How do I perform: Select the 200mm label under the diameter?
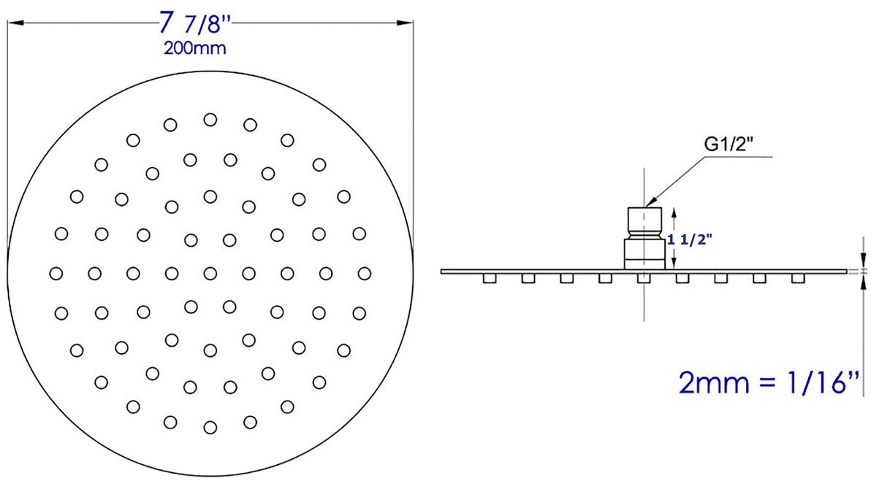click(194, 49)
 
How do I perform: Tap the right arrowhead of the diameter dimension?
click(406, 23)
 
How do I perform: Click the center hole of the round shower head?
click(210, 273)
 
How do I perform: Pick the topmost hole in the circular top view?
click(210, 119)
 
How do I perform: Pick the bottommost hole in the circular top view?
click(210, 427)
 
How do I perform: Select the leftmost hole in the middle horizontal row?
click(56, 273)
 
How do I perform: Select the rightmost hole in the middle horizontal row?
click(365, 273)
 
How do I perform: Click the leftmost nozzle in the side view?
click(488, 278)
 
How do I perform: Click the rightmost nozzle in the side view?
click(799, 278)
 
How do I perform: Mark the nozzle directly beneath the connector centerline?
click(644, 278)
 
